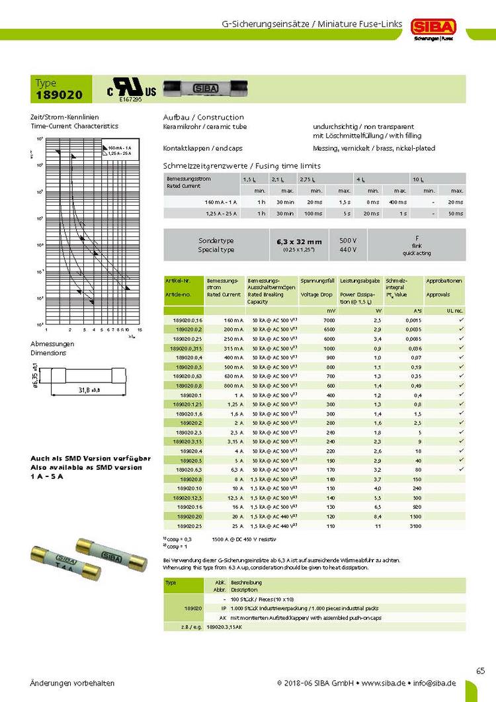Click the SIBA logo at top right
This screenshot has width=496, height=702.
pos(433,26)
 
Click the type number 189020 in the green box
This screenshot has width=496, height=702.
pos(60,95)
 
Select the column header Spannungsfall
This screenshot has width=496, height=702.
pos(317,281)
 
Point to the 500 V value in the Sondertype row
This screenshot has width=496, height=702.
pos(348,240)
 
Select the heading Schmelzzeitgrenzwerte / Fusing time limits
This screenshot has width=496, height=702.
pos(241,165)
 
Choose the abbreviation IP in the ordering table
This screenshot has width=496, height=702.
pos(224,607)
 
